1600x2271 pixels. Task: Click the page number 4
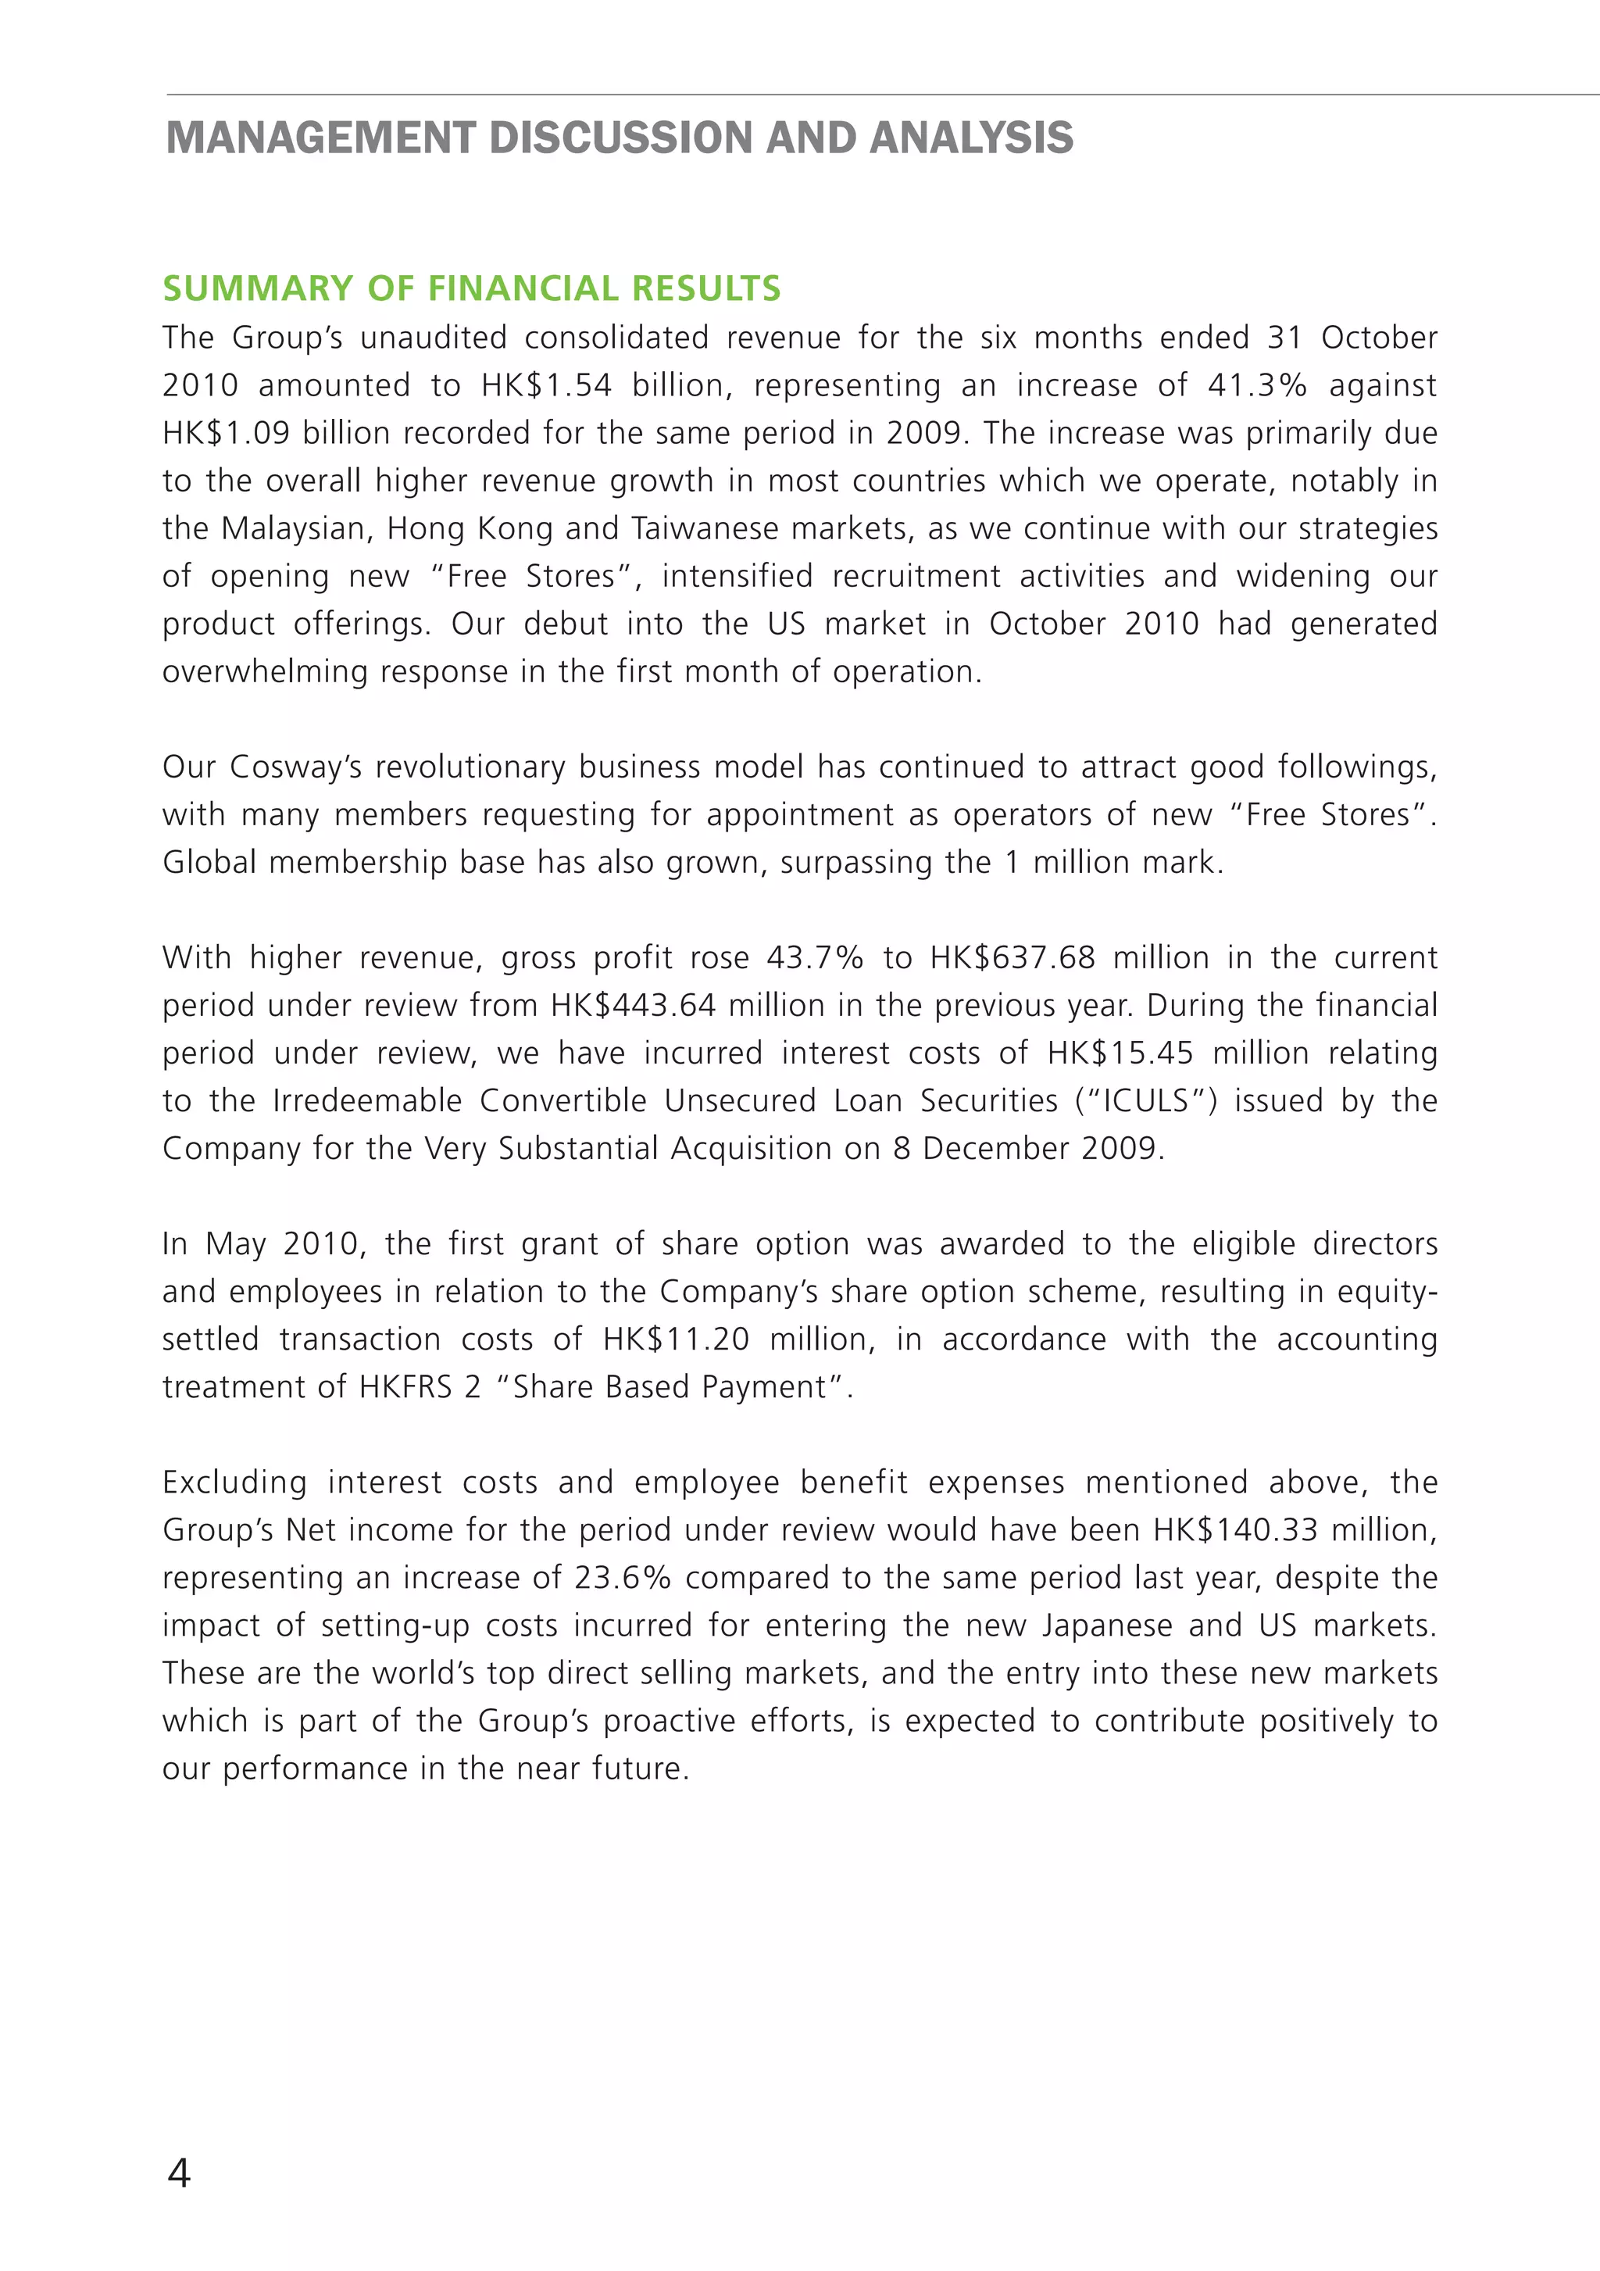pyautogui.click(x=179, y=2173)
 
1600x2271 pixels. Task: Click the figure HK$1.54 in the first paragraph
pyautogui.click(x=546, y=384)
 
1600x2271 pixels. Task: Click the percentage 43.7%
pyautogui.click(x=815, y=957)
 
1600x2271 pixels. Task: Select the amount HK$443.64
pyautogui.click(x=633, y=1005)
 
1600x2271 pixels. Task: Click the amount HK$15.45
pyautogui.click(x=1120, y=1053)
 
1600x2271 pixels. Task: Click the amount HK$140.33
pyautogui.click(x=1235, y=1530)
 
